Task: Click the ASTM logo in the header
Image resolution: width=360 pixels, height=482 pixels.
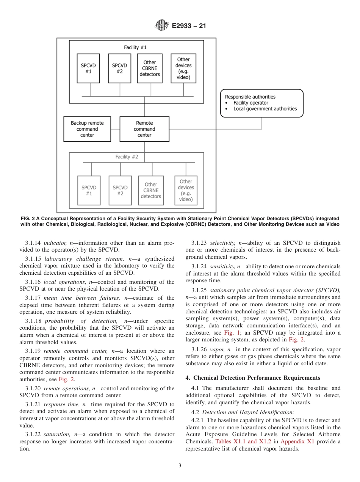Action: click(162, 26)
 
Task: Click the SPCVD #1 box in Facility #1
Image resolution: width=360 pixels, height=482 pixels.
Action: click(88, 68)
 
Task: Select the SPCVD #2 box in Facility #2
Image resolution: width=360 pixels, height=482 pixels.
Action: click(120, 190)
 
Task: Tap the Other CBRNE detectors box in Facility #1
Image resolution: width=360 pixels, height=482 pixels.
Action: click(150, 68)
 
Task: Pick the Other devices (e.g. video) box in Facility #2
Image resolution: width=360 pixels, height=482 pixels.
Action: click(186, 190)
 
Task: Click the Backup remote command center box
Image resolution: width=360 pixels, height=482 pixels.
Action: click(87, 129)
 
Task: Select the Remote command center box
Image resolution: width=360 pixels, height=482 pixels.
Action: click(144, 129)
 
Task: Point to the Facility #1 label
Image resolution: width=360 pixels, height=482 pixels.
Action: click(135, 47)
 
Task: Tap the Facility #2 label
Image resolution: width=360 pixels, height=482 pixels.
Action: click(127, 156)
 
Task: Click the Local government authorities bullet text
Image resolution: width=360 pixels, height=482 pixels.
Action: click(265, 109)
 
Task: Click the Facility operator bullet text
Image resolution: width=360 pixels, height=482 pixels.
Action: click(250, 103)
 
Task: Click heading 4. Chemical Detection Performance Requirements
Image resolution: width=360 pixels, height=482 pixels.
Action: click(253, 378)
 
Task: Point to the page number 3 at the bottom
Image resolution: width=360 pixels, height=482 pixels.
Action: click(180, 466)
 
